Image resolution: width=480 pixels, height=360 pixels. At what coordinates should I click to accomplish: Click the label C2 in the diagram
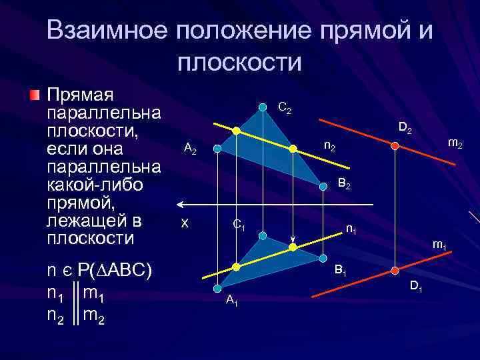(284, 107)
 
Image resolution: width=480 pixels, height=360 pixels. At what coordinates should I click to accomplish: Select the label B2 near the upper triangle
(344, 183)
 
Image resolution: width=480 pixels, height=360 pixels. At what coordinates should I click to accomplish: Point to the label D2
(406, 128)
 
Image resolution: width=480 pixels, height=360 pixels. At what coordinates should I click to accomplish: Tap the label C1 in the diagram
(239, 226)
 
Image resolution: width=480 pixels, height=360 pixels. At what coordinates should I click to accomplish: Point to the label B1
(340, 271)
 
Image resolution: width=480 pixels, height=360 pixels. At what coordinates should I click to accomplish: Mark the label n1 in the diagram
(351, 230)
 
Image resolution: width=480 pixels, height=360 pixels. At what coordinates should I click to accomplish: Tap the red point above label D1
(395, 269)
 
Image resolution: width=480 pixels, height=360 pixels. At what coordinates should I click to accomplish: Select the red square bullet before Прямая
(35, 93)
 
